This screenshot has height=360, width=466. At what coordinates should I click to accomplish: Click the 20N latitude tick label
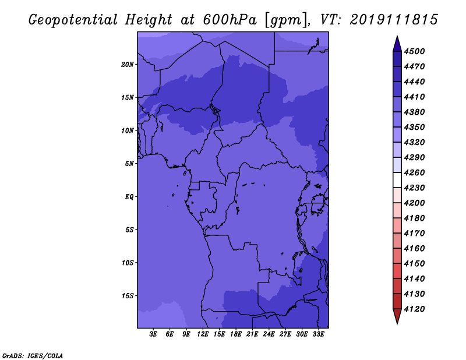pyautogui.click(x=127, y=65)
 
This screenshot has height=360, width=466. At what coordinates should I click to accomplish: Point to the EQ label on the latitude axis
pyautogui.click(x=129, y=197)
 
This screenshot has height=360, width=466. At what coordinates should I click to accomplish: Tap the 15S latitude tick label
pyautogui.click(x=128, y=296)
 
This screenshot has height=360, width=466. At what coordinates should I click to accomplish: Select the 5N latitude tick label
pyautogui.click(x=129, y=164)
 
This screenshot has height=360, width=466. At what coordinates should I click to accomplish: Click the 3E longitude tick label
pyautogui.click(x=153, y=334)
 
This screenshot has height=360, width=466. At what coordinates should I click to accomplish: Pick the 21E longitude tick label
pyautogui.click(x=252, y=334)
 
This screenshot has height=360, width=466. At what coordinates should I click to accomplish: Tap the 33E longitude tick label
pyautogui.click(x=318, y=334)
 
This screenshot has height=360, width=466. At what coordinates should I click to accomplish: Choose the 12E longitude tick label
pyautogui.click(x=202, y=334)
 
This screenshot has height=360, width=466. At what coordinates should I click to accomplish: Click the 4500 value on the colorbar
pyautogui.click(x=414, y=51)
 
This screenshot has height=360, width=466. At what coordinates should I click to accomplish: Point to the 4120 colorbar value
pyautogui.click(x=414, y=309)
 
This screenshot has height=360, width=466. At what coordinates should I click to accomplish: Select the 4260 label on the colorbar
pyautogui.click(x=414, y=172)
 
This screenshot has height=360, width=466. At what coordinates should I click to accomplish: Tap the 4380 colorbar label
pyautogui.click(x=414, y=112)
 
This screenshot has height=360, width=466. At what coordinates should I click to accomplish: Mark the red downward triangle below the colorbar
pyautogui.click(x=397, y=315)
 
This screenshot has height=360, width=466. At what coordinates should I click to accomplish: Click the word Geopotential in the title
pyautogui.click(x=73, y=20)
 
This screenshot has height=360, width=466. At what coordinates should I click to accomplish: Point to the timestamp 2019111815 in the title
pyautogui.click(x=394, y=20)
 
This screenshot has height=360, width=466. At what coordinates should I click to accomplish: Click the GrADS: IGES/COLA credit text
pyautogui.click(x=33, y=356)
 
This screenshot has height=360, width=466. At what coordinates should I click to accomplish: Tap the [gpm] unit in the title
pyautogui.click(x=287, y=20)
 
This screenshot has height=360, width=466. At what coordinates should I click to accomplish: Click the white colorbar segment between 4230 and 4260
pyautogui.click(x=397, y=180)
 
